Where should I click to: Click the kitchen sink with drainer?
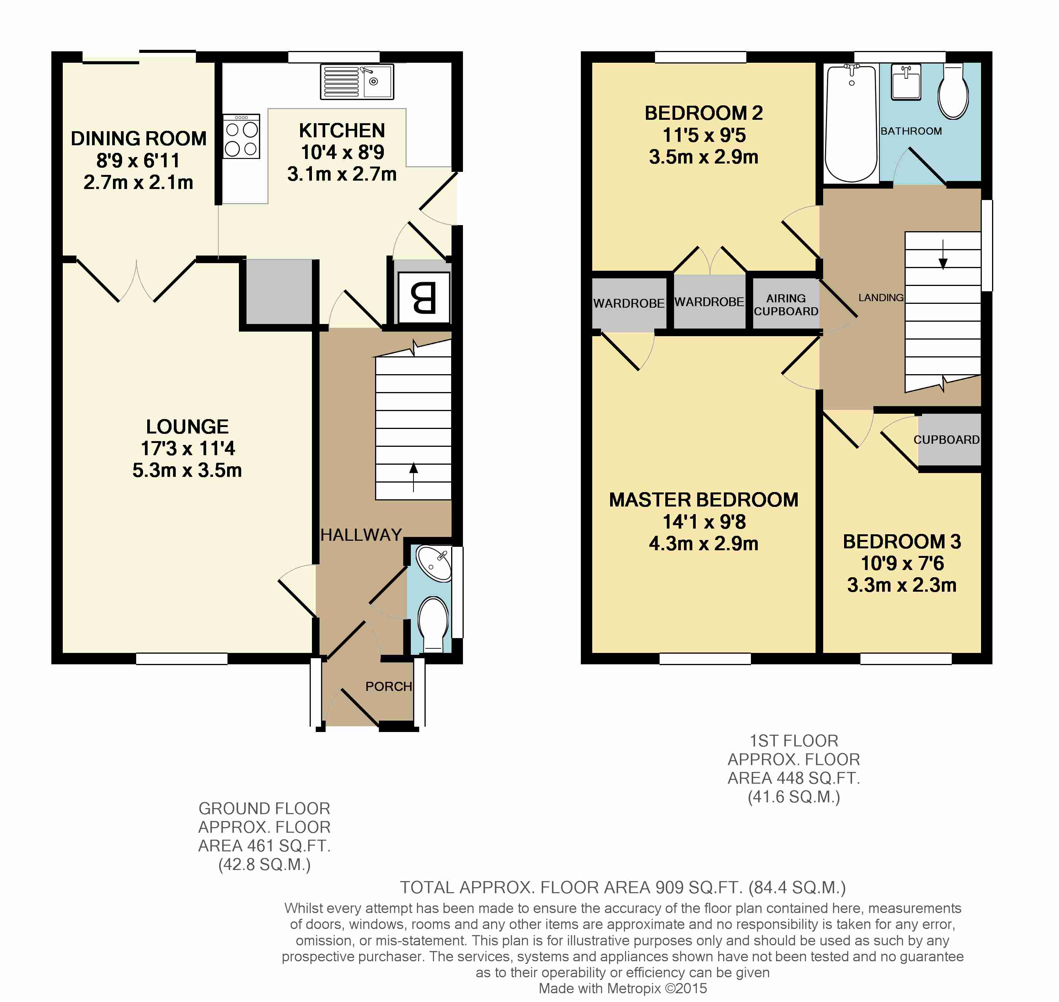coord(357,82)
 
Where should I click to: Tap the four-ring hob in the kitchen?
coord(242,136)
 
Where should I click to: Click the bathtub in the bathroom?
coord(852,123)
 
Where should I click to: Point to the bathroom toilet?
coord(953,91)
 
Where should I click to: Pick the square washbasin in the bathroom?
coord(906,82)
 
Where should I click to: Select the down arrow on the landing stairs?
coord(943,255)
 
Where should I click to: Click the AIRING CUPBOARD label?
coord(786,305)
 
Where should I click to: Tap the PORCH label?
coord(388,686)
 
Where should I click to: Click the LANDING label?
coord(881,297)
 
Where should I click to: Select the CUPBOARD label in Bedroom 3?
coord(947,440)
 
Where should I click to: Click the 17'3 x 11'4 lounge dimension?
coord(188,448)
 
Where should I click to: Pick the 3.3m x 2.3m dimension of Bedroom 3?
coord(902,585)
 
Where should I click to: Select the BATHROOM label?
coord(911,131)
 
